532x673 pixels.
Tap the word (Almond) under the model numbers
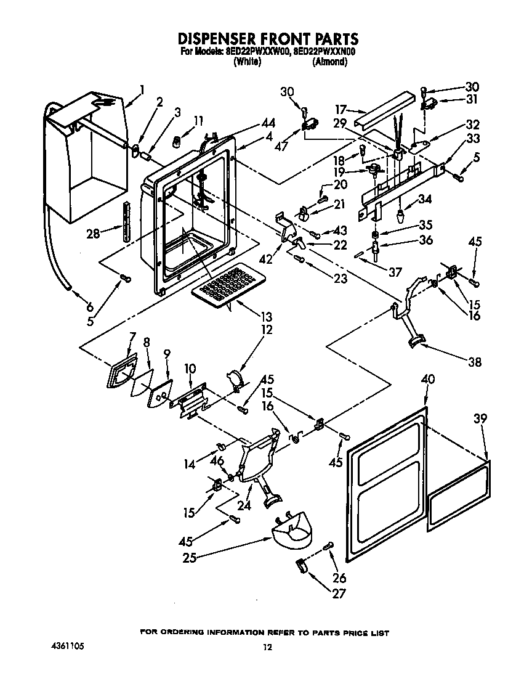(329, 62)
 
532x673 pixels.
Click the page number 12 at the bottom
(267, 647)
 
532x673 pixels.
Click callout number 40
(427, 378)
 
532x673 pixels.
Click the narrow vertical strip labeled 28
(127, 221)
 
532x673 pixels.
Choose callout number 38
(475, 362)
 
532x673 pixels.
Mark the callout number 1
(142, 89)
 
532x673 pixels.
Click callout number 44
(251, 123)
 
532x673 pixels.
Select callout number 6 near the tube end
(90, 307)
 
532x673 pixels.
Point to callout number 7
(132, 336)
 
